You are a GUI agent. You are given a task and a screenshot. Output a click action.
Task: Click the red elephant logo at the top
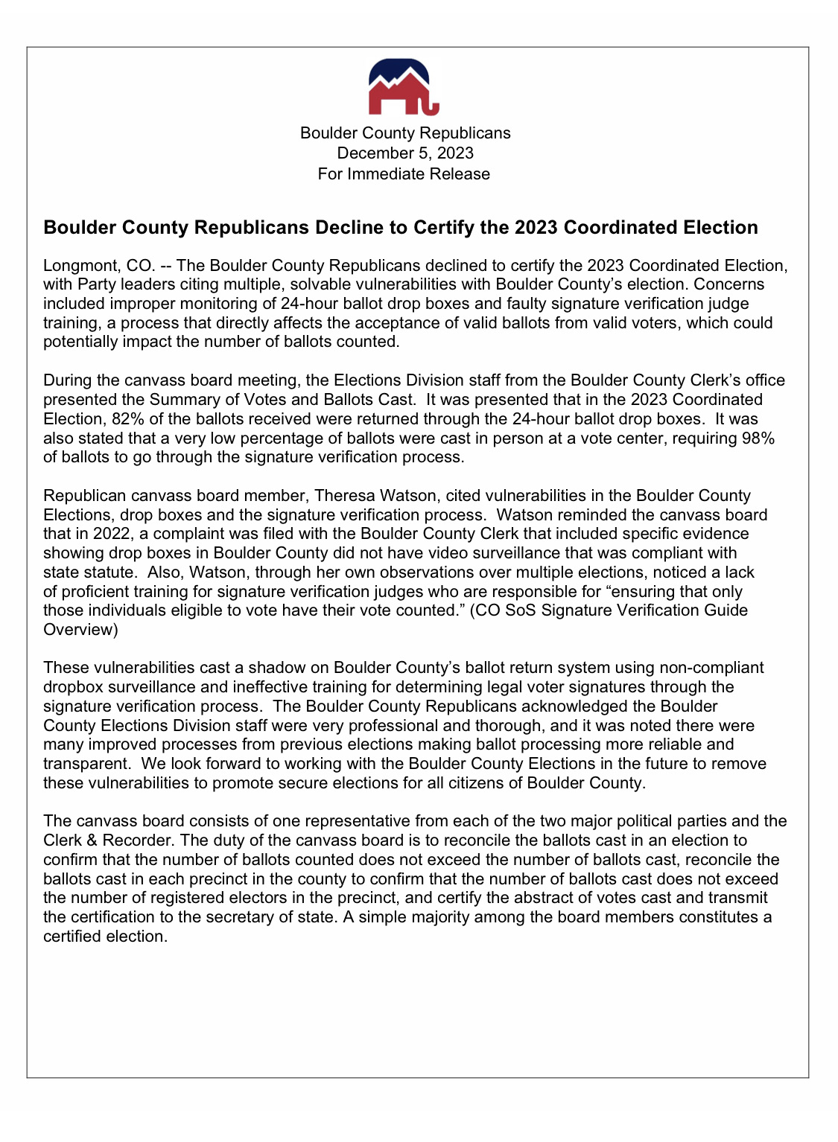pos(404,89)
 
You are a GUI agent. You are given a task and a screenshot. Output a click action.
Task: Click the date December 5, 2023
pos(405,153)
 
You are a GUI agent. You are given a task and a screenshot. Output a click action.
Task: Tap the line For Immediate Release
pos(404,174)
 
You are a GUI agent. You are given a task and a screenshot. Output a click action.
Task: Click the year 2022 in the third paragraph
pos(112,534)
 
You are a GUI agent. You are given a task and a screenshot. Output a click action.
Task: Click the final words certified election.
pos(105,937)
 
